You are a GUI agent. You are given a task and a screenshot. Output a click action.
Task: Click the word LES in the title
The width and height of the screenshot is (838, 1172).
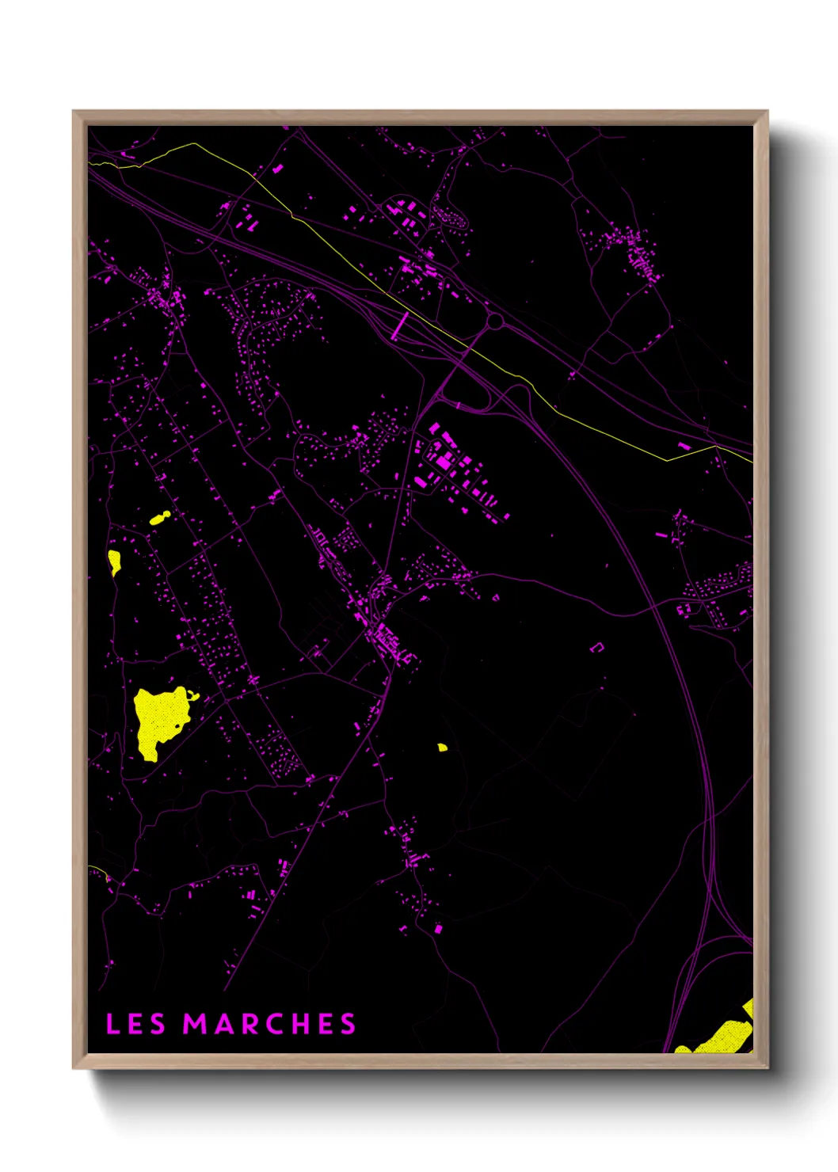click(x=135, y=1024)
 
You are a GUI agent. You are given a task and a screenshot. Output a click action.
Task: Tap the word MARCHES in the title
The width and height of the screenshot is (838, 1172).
click(x=269, y=1024)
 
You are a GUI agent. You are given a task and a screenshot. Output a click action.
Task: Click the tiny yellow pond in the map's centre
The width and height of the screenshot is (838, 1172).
click(x=442, y=747)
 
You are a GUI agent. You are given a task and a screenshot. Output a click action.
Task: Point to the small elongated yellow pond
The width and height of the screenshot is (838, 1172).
click(x=159, y=519)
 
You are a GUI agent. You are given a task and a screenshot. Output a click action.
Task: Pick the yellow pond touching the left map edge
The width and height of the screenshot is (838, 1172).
click(x=115, y=562)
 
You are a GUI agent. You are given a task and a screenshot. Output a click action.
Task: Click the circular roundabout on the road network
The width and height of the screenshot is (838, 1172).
click(x=495, y=322)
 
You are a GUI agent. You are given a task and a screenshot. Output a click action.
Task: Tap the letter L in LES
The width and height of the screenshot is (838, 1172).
click(x=112, y=1024)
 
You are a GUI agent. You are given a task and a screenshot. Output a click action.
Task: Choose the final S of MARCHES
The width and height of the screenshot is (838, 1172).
click(x=349, y=1024)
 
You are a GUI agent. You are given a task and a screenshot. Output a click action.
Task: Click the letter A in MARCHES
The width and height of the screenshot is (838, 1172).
click(x=225, y=1024)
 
